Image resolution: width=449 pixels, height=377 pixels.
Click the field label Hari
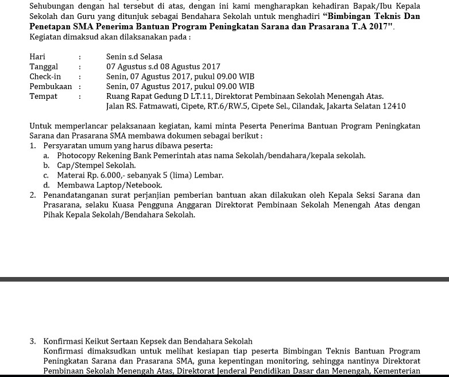(37, 57)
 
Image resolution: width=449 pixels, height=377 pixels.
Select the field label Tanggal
(44, 67)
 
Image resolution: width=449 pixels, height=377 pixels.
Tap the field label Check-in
(45, 76)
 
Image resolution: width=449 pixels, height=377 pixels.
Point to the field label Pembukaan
(51, 86)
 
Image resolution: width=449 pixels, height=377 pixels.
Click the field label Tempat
(43, 96)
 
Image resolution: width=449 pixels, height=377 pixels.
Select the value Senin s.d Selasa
(134, 57)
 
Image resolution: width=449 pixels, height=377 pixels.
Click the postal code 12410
(394, 106)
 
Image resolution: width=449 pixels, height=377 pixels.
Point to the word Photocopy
(76, 156)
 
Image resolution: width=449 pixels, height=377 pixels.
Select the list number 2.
(33, 195)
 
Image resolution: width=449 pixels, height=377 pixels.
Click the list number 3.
(33, 341)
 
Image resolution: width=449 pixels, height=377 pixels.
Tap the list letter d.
(46, 185)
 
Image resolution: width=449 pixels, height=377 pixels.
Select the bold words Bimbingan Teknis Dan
(373, 16)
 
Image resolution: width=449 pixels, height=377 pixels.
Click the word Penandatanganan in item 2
(76, 195)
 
